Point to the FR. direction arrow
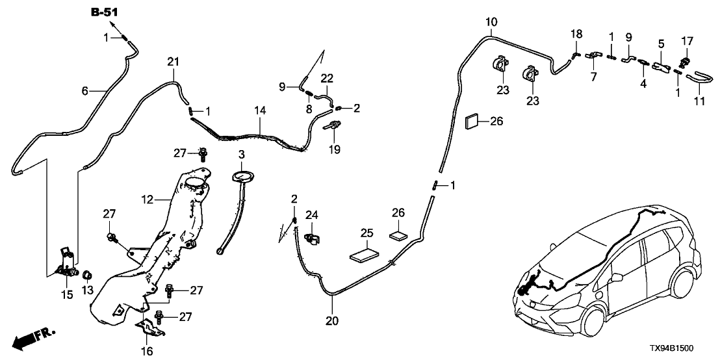[x=34, y=337]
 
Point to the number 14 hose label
[x=260, y=111]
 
